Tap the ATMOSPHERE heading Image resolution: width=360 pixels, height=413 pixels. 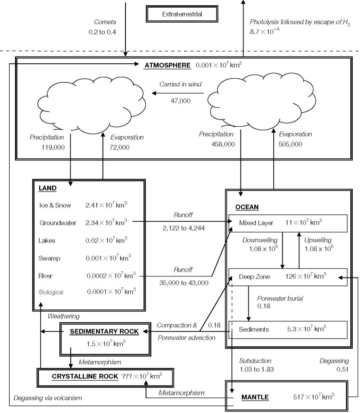pyautogui.click(x=167, y=65)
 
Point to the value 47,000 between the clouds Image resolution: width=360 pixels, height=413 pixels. pyautogui.click(x=180, y=101)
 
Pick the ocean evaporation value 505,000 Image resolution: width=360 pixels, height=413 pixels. pyautogui.click(x=290, y=144)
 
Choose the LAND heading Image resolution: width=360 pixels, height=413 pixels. pyautogui.click(x=48, y=188)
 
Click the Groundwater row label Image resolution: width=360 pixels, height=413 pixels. pyautogui.click(x=58, y=223)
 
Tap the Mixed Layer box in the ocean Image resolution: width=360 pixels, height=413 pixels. pyautogui.click(x=288, y=223)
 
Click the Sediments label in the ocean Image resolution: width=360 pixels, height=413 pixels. pyautogui.click(x=253, y=330)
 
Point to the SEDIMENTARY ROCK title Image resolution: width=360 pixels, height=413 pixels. pyautogui.click(x=104, y=332)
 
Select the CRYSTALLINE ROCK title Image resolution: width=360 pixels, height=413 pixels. pyautogui.click(x=85, y=376)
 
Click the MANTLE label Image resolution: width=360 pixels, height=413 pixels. pyautogui.click(x=255, y=397)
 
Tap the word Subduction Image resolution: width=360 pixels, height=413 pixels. pyautogui.click(x=255, y=361)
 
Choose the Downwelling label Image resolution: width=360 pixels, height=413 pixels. pyautogui.click(x=260, y=240)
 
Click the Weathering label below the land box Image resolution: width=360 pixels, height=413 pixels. pyautogui.click(x=63, y=316)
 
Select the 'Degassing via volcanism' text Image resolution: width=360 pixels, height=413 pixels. pyautogui.click(x=48, y=398)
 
